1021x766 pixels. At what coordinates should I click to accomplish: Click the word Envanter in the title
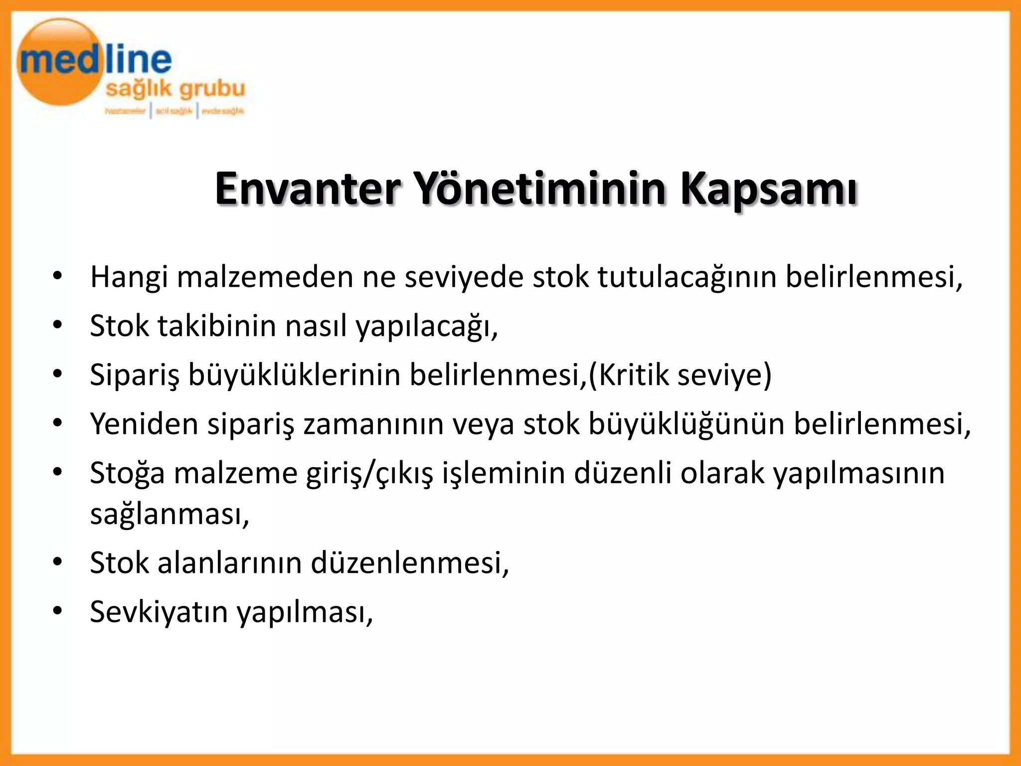click(x=308, y=189)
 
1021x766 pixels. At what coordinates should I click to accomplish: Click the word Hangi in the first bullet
click(x=129, y=277)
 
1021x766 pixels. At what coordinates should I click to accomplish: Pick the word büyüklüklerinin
click(x=294, y=375)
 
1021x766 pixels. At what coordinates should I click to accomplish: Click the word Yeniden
click(x=144, y=424)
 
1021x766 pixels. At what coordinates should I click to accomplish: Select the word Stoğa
click(x=127, y=473)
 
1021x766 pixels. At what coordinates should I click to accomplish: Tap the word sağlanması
click(x=170, y=514)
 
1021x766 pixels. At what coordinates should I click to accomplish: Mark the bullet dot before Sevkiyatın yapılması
click(x=58, y=611)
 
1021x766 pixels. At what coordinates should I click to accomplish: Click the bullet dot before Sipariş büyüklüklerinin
click(x=58, y=374)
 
